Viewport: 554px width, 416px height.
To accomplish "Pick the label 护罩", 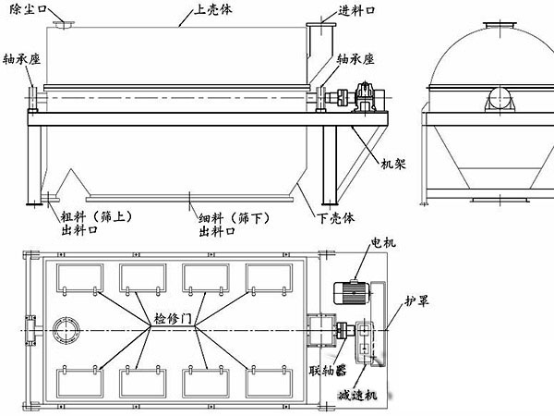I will (x=416, y=302).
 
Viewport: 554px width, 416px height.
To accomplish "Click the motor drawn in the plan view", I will (x=351, y=288).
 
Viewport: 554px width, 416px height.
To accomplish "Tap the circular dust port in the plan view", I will (x=67, y=330).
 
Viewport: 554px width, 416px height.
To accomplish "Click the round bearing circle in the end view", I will (x=493, y=97).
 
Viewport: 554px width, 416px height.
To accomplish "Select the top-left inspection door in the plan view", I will (x=78, y=279).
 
